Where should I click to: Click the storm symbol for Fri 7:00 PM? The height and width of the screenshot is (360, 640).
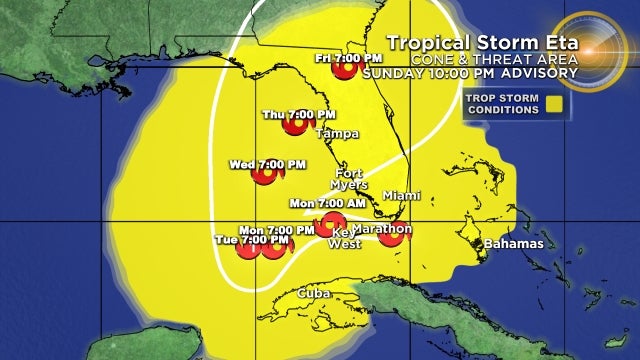tap(346, 69)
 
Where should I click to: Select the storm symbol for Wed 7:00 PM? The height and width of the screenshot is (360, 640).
tap(266, 177)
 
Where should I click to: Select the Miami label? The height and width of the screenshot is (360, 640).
tap(402, 195)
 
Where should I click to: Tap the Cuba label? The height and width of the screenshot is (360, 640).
tap(316, 292)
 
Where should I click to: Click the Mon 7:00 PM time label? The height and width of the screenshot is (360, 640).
tap(264, 229)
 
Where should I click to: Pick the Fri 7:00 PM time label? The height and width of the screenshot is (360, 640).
tap(336, 56)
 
